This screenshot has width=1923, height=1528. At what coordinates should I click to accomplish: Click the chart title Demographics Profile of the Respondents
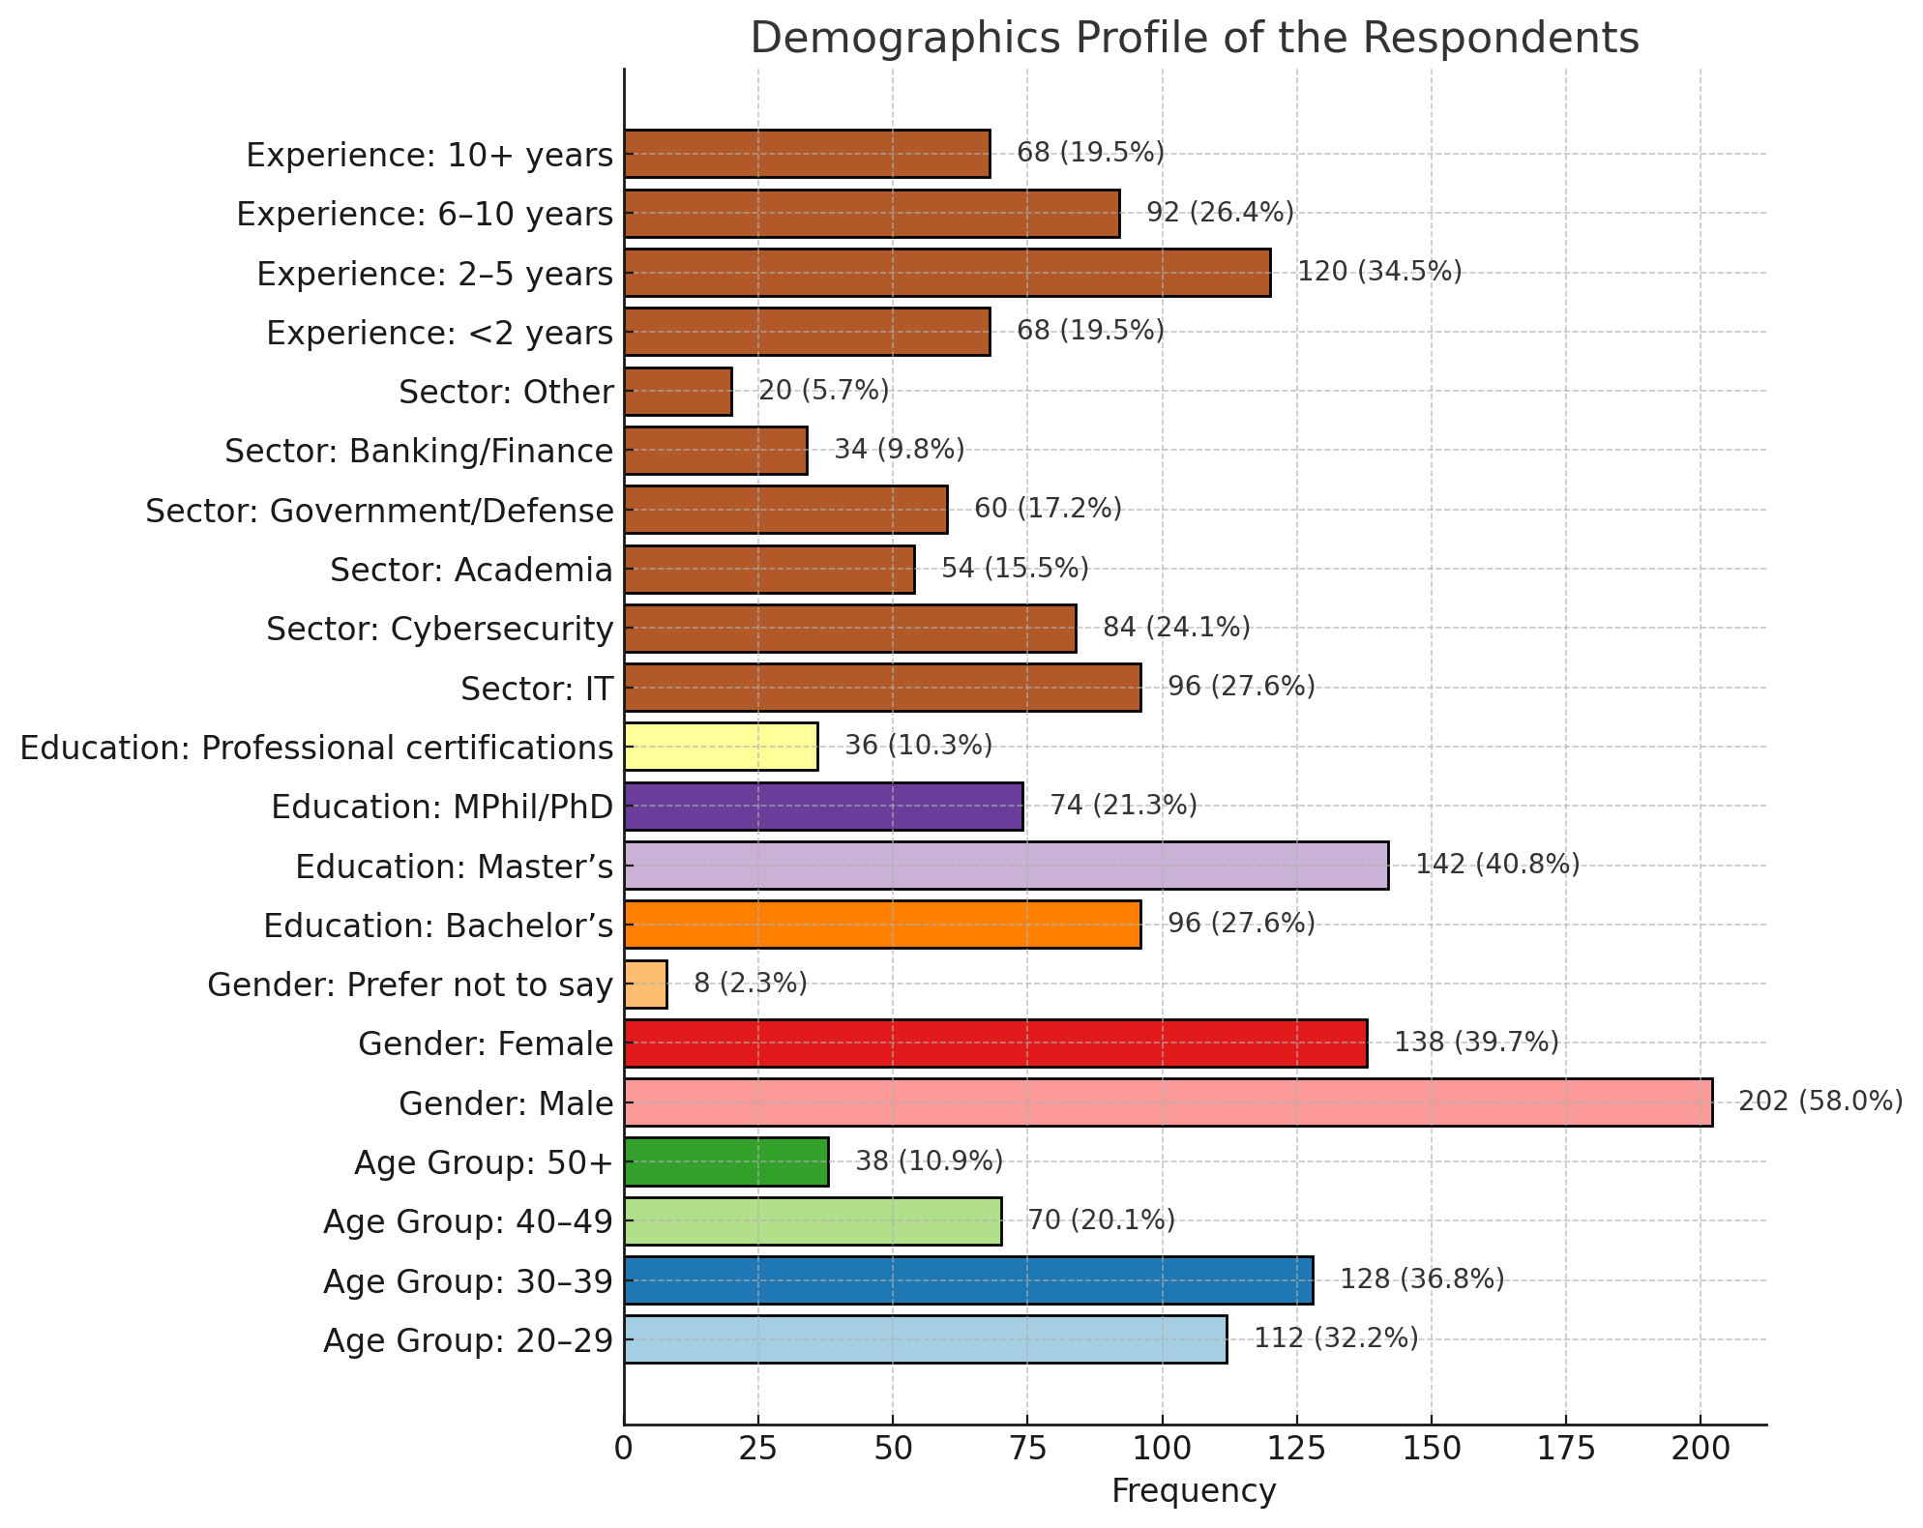(x=1194, y=39)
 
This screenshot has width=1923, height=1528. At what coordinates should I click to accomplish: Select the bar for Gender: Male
(x=1168, y=1102)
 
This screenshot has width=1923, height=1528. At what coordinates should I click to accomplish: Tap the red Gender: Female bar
(x=995, y=1043)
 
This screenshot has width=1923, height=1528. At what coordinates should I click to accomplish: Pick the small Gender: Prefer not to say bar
(x=645, y=984)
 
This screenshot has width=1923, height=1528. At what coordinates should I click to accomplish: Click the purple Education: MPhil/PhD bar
(x=823, y=806)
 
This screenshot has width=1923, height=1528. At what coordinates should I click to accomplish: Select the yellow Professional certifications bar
(x=721, y=747)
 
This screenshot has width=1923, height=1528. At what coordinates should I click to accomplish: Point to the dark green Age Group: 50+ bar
(x=726, y=1161)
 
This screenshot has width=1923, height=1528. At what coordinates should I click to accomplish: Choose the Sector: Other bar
(x=678, y=391)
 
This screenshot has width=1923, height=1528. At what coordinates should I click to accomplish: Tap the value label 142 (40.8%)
(x=1497, y=865)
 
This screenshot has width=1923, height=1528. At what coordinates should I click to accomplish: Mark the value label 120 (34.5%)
(x=1379, y=272)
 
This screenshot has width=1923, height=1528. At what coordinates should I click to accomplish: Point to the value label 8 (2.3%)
(x=751, y=984)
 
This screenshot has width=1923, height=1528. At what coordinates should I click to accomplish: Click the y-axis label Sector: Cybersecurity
(x=440, y=630)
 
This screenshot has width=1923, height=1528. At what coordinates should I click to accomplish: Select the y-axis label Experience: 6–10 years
(x=425, y=214)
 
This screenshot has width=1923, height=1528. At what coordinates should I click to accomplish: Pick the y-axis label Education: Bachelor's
(x=438, y=926)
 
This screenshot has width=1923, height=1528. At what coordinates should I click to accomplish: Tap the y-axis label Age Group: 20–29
(x=468, y=1341)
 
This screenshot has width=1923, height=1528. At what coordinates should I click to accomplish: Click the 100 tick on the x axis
(x=1162, y=1449)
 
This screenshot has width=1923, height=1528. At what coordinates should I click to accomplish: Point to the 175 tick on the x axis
(x=1566, y=1449)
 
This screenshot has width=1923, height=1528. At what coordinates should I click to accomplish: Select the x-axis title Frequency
(x=1194, y=1491)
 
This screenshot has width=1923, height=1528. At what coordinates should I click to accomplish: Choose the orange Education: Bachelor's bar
(x=882, y=925)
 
